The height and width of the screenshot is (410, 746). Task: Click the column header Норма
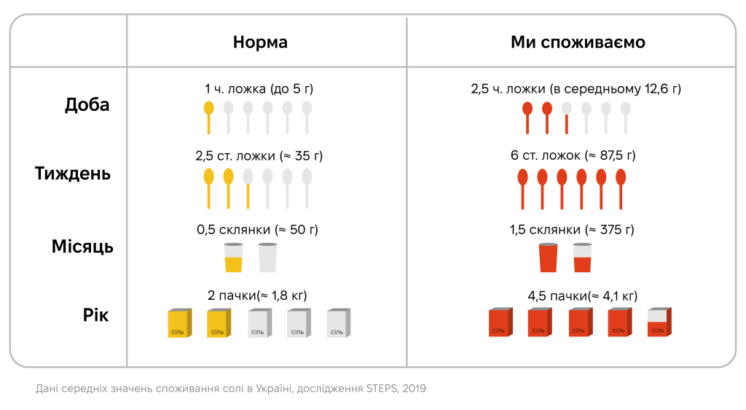[260, 42]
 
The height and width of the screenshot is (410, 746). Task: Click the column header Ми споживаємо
[578, 42]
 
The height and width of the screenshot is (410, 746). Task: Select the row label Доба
[87, 104]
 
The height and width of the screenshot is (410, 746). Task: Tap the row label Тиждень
[73, 174]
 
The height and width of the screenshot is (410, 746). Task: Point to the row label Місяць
[82, 246]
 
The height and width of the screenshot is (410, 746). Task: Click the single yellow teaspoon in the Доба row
[208, 117]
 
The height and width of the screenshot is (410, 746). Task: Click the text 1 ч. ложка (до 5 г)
[259, 89]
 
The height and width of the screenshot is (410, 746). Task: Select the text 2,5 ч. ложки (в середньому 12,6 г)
[576, 89]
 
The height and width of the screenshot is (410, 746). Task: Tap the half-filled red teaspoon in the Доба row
[566, 117]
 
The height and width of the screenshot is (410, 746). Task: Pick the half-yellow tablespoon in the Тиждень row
[248, 187]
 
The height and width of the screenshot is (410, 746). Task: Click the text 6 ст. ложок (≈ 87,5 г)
[572, 156]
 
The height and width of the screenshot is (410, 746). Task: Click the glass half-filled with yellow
[233, 258]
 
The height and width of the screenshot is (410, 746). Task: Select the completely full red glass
[548, 258]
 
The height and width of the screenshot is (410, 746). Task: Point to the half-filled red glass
[582, 258]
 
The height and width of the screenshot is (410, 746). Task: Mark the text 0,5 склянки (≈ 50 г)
[257, 230]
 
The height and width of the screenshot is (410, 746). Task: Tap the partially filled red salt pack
[659, 322]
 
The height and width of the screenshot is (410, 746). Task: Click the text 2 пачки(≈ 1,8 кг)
[257, 295]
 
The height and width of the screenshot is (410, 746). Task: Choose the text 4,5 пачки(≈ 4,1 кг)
[582, 295]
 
